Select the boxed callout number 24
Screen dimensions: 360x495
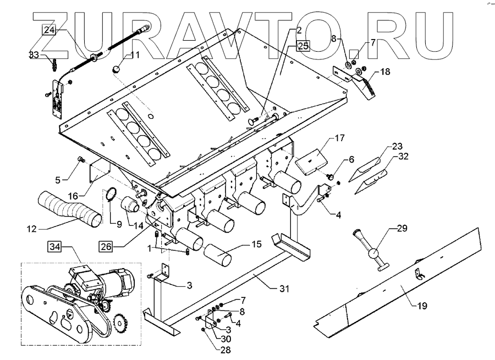[x=49, y=31]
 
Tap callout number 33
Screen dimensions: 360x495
[x=34, y=55]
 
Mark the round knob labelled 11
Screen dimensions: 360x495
[x=117, y=69]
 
